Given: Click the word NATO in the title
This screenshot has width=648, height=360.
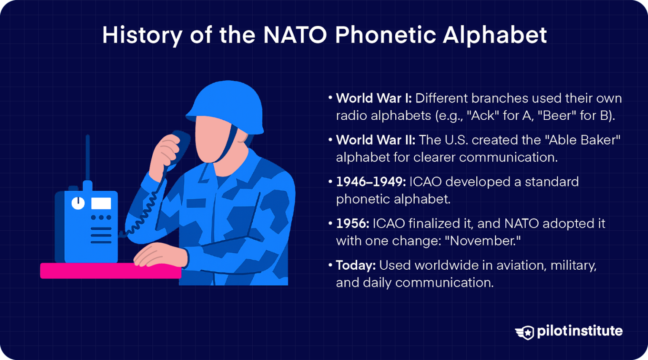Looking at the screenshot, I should pyautogui.click(x=295, y=35).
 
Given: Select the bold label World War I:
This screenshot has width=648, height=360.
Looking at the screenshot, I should pyautogui.click(x=374, y=98).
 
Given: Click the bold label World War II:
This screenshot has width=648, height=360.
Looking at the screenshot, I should pyautogui.click(x=375, y=140).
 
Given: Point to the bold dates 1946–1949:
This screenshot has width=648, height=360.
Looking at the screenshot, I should pyautogui.click(x=371, y=182).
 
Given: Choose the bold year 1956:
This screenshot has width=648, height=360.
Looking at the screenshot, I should pyautogui.click(x=352, y=224).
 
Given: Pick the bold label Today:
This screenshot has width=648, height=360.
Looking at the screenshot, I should pyautogui.click(x=356, y=265).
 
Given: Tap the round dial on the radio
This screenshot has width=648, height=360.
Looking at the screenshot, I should pyautogui.click(x=78, y=203).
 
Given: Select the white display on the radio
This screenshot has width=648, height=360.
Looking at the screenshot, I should pyautogui.click(x=101, y=203).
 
